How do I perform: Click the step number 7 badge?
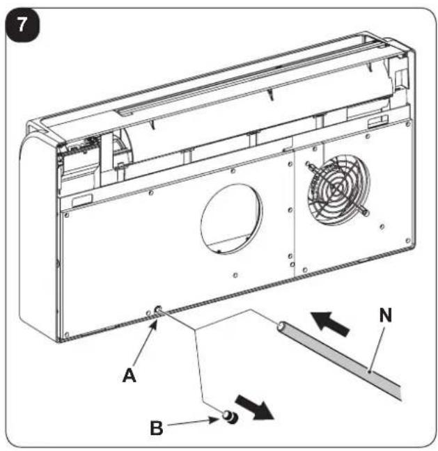pyautogui.click(x=23, y=25)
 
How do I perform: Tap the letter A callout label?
pyautogui.click(x=130, y=375)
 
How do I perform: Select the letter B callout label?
pyautogui.click(x=157, y=428)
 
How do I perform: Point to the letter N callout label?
pyautogui.click(x=386, y=315)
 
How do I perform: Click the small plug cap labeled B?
pyautogui.click(x=230, y=416)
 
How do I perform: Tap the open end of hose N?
pyautogui.click(x=281, y=326)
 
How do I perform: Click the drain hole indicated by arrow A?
pyautogui.click(x=158, y=310)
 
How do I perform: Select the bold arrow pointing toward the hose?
pyautogui.click(x=331, y=323)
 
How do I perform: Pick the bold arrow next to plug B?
pyautogui.click(x=255, y=408)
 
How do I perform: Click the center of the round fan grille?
pyautogui.click(x=337, y=189)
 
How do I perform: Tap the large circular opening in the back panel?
pyautogui.click(x=232, y=219)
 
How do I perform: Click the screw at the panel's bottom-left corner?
pyautogui.click(x=67, y=334)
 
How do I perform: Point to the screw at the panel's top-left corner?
pyautogui.click(x=67, y=215)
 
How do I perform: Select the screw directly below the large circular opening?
pyautogui.click(x=235, y=275)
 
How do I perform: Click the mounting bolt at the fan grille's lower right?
pyautogui.click(x=365, y=212)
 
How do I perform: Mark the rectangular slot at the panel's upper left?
pyautogui.click(x=82, y=200)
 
